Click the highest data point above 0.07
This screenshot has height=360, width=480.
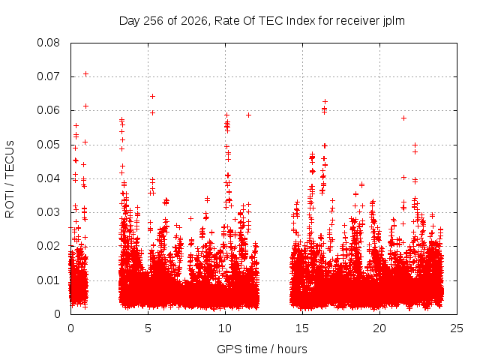86,74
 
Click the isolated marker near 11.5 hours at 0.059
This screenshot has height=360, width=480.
248,115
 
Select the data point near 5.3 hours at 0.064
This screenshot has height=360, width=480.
152,97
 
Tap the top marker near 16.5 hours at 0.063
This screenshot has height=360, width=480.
325,101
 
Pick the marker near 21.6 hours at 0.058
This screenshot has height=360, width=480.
403,118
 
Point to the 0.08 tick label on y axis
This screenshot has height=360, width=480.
48,43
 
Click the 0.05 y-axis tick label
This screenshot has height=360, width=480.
48,145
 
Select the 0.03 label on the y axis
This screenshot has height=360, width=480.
48,212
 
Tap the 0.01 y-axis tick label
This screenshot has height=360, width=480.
48,280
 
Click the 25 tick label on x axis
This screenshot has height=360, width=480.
457,328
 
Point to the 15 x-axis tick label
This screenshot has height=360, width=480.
302,328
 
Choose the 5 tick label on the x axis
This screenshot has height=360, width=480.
148,328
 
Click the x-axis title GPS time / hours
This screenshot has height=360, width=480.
262,349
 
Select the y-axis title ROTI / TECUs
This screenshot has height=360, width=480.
10,179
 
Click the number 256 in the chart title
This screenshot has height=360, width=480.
153,21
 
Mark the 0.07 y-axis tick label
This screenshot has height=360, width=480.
48,76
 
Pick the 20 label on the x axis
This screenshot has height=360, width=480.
379,328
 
